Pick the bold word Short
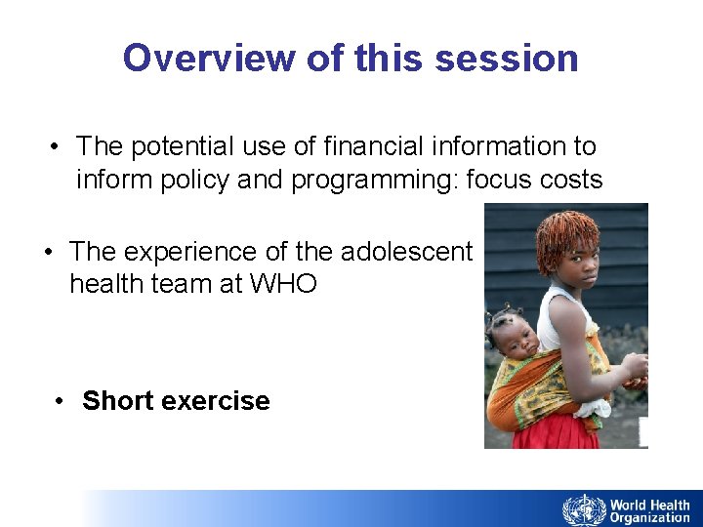(117, 401)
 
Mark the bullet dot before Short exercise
(61, 401)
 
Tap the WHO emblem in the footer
(583, 509)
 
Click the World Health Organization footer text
(649, 510)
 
